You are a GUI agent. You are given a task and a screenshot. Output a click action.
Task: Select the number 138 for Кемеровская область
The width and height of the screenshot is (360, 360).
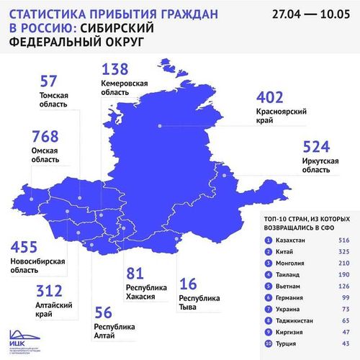point(114,70)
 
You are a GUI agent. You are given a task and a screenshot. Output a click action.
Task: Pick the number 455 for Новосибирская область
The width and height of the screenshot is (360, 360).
point(27,246)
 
